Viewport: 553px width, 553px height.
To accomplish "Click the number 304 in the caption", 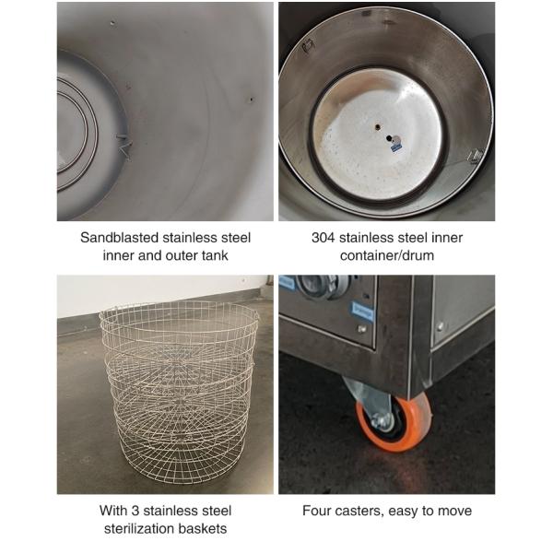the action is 324,238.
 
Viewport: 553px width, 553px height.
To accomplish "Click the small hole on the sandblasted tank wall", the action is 251,100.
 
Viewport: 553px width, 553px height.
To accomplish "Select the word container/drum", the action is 387,255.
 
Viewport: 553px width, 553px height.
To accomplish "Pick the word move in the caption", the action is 455,511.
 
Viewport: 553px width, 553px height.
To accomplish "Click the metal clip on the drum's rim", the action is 476,156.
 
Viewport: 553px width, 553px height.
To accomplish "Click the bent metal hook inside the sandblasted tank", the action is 124,146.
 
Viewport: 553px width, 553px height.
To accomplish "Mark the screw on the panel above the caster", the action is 361,328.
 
